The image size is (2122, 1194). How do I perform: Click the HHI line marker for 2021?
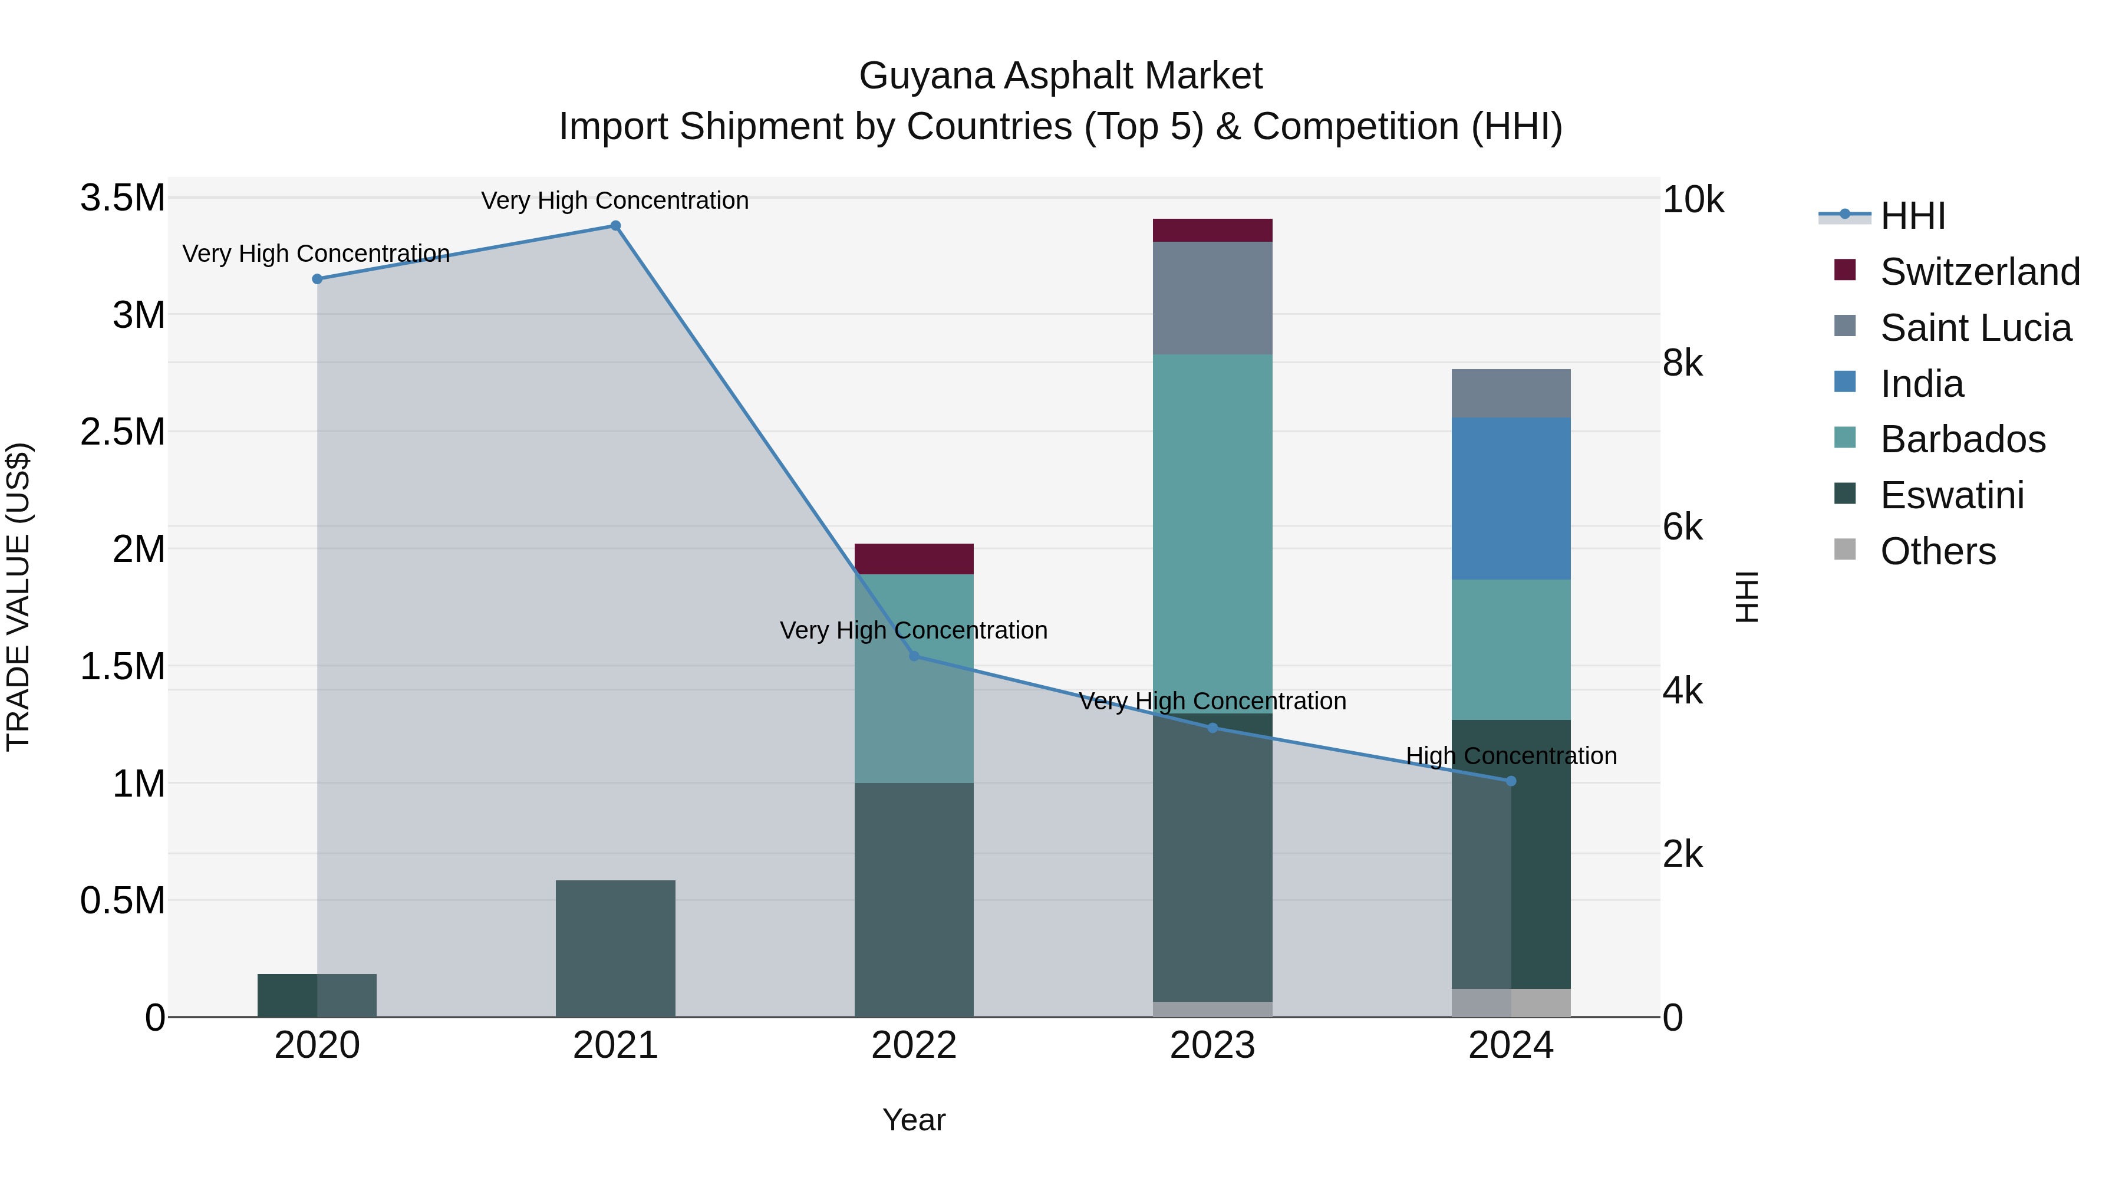click(615, 226)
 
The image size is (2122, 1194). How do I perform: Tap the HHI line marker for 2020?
click(317, 279)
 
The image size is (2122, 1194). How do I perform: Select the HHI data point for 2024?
click(1511, 781)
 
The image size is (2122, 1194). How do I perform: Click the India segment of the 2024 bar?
click(1511, 498)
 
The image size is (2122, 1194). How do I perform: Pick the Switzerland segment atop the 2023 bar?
click(1212, 231)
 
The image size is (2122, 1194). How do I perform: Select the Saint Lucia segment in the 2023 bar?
click(1212, 298)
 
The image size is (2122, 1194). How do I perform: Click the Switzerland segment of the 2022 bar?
click(914, 560)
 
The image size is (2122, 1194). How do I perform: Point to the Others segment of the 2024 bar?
click(1511, 1003)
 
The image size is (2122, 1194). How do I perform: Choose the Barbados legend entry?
click(1962, 439)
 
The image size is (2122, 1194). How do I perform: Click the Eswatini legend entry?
click(1952, 495)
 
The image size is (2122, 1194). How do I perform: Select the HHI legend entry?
click(1912, 216)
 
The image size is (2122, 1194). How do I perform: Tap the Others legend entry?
click(1938, 551)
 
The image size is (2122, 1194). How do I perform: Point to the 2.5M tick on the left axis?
click(123, 432)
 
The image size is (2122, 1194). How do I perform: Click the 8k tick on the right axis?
click(1682, 363)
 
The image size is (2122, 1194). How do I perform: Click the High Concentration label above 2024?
click(1511, 756)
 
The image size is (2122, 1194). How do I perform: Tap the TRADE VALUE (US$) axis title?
click(18, 597)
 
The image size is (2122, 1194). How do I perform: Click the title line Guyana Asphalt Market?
click(1060, 76)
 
